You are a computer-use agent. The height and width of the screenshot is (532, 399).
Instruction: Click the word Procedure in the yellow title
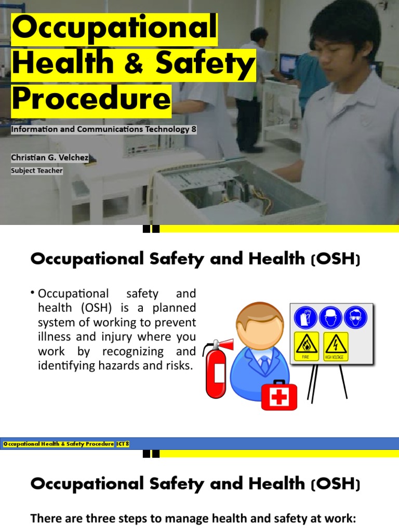point(91,100)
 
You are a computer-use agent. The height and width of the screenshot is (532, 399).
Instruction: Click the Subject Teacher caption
point(36,170)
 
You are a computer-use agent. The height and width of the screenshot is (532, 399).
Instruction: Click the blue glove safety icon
point(305,317)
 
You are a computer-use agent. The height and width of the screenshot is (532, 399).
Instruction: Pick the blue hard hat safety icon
point(330,317)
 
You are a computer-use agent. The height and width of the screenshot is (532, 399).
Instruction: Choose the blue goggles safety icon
point(355,317)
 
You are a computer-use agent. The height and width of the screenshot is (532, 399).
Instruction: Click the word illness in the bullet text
point(54,337)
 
